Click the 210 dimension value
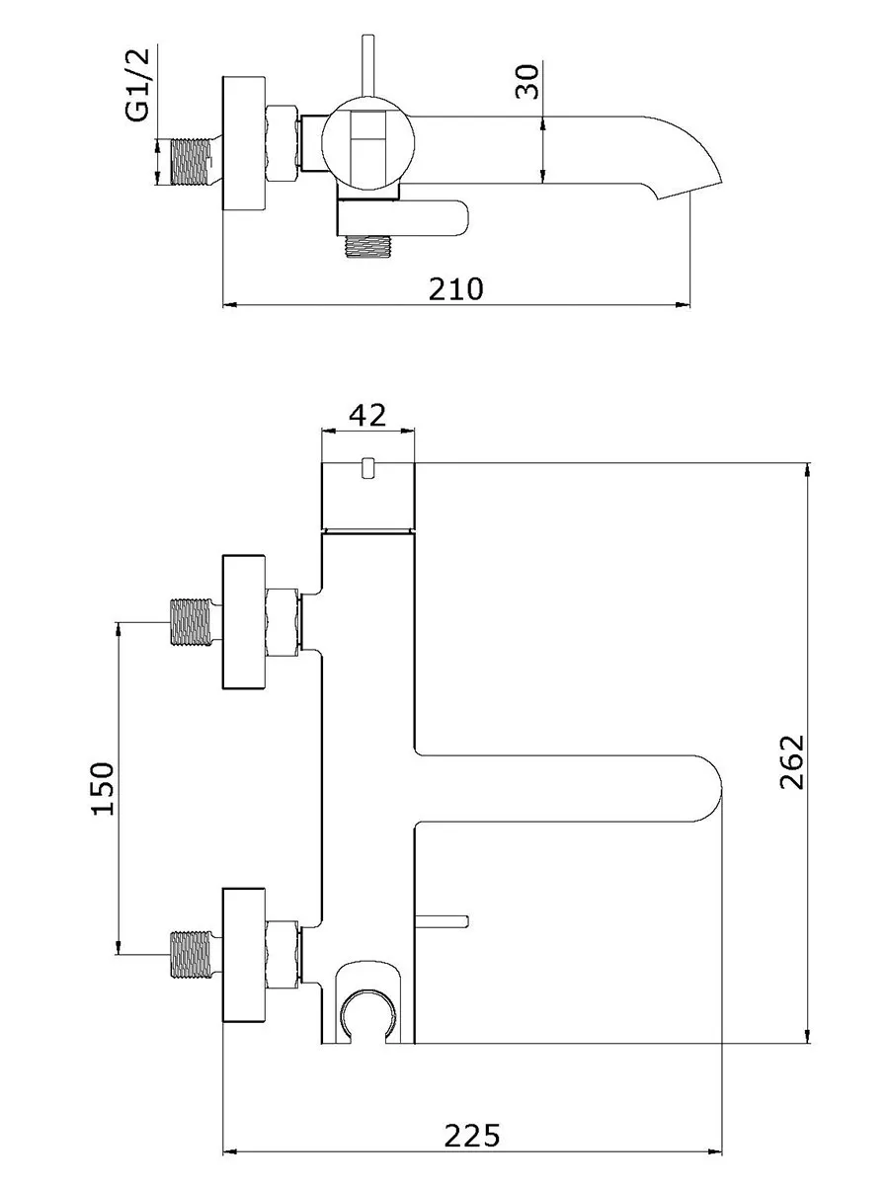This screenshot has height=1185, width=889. coord(456,289)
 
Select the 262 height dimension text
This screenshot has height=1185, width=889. coord(792,761)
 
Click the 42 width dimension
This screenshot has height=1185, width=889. coord(367,415)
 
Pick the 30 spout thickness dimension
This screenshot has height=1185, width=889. coord(527,82)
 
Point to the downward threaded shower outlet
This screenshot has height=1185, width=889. coord(367,247)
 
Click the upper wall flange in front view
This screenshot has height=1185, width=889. coord(244,622)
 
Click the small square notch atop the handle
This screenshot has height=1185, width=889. coord(368,468)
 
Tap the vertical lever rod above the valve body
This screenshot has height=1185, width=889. coord(368,66)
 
